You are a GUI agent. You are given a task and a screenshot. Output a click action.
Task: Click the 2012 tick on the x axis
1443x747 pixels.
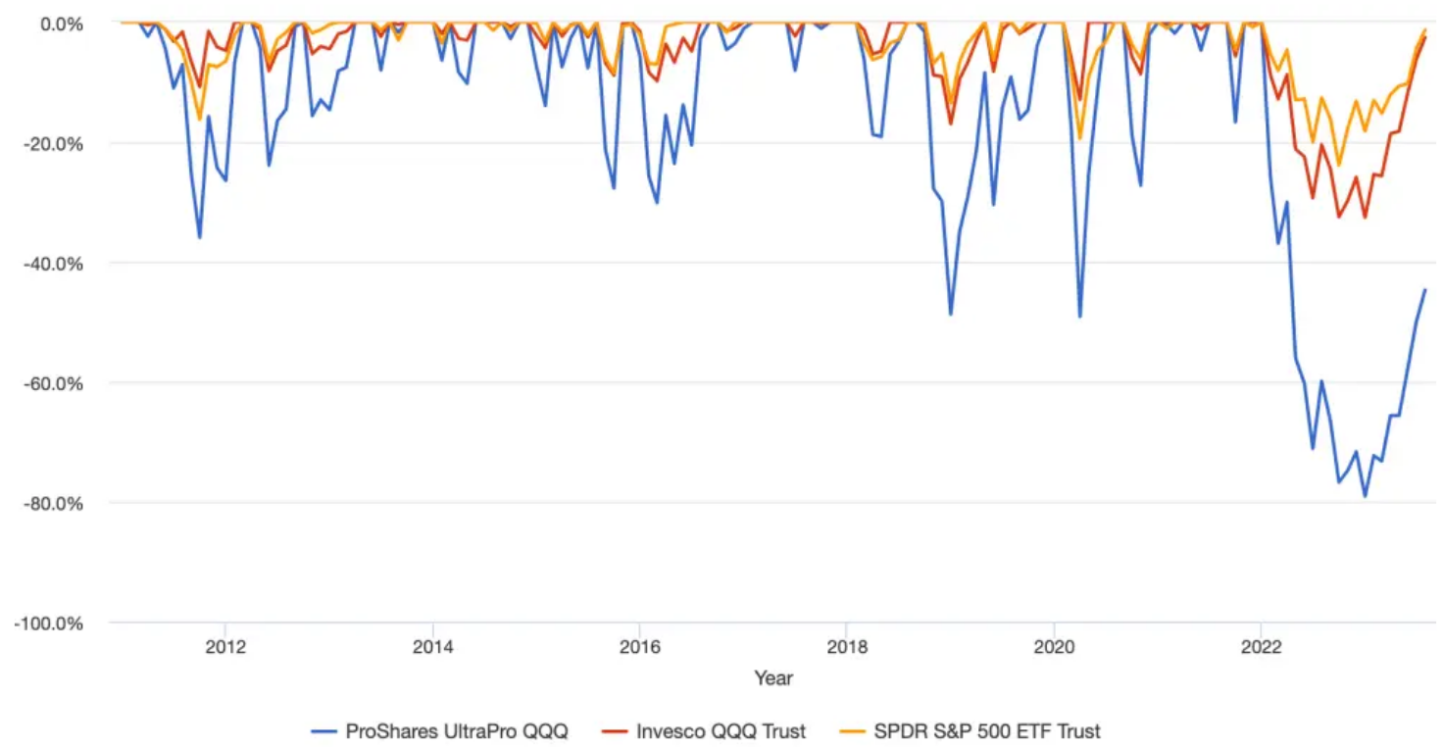pyautogui.click(x=224, y=646)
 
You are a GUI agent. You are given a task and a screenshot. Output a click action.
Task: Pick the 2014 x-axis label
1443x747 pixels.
pyautogui.click(x=432, y=646)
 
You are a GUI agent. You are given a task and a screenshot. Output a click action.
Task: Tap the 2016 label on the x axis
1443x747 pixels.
pyautogui.click(x=639, y=646)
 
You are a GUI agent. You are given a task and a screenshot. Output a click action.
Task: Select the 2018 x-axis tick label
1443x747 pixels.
pyautogui.click(x=846, y=646)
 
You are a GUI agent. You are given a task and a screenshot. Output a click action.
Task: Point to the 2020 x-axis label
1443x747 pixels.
pyautogui.click(x=1054, y=646)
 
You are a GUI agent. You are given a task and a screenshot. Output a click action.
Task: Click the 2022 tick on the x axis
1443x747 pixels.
pyautogui.click(x=1261, y=646)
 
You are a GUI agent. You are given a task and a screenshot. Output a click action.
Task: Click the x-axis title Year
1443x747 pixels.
pyautogui.click(x=773, y=677)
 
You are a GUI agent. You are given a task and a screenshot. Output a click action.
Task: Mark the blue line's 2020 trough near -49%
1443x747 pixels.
pyautogui.click(x=1080, y=317)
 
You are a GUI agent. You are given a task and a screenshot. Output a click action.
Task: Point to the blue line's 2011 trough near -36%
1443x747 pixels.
pyautogui.click(x=200, y=238)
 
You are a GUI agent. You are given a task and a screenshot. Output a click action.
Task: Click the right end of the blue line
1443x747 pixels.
pyautogui.click(x=1425, y=290)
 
